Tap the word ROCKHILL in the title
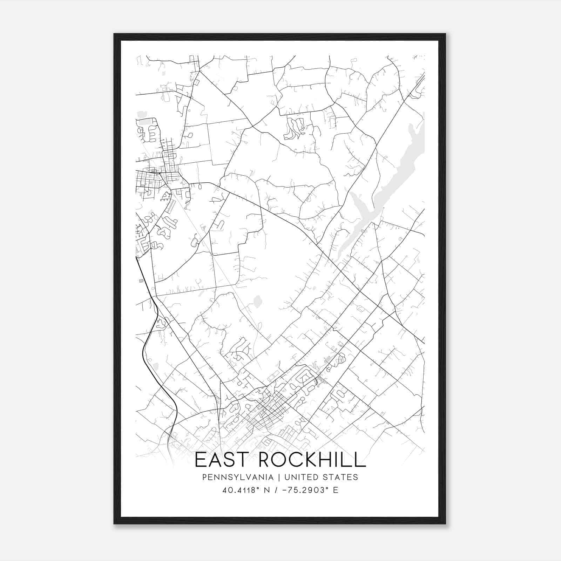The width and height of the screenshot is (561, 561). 312,460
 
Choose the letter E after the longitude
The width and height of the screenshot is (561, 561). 336,490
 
